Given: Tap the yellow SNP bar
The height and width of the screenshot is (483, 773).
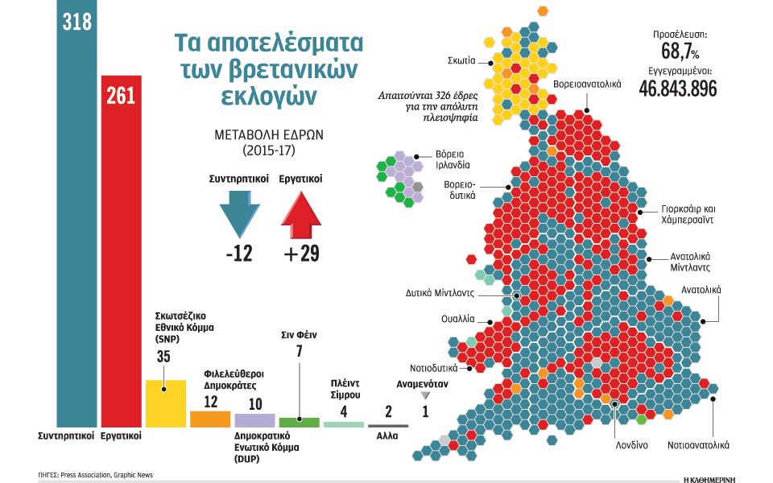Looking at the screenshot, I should [165, 402].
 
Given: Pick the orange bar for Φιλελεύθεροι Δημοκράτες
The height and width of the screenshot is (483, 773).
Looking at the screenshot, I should [210, 419].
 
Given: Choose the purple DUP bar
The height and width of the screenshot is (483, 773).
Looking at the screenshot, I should [254, 420].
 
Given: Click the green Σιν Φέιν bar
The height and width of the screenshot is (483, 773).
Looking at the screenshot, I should [299, 422].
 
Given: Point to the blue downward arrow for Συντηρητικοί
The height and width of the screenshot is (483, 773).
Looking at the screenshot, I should [240, 213].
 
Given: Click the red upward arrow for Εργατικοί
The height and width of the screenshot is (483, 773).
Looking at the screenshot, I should [300, 213].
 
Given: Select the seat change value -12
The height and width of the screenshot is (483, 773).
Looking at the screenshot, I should [239, 254].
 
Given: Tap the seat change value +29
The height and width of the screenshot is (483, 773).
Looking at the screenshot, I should [301, 254].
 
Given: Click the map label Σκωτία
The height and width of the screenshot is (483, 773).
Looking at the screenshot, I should [461, 60].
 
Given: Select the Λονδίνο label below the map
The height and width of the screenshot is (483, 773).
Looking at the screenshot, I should [632, 444].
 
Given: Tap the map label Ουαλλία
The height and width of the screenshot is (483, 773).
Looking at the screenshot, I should [457, 319].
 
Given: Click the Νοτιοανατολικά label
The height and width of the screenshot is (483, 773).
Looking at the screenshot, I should [697, 444].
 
